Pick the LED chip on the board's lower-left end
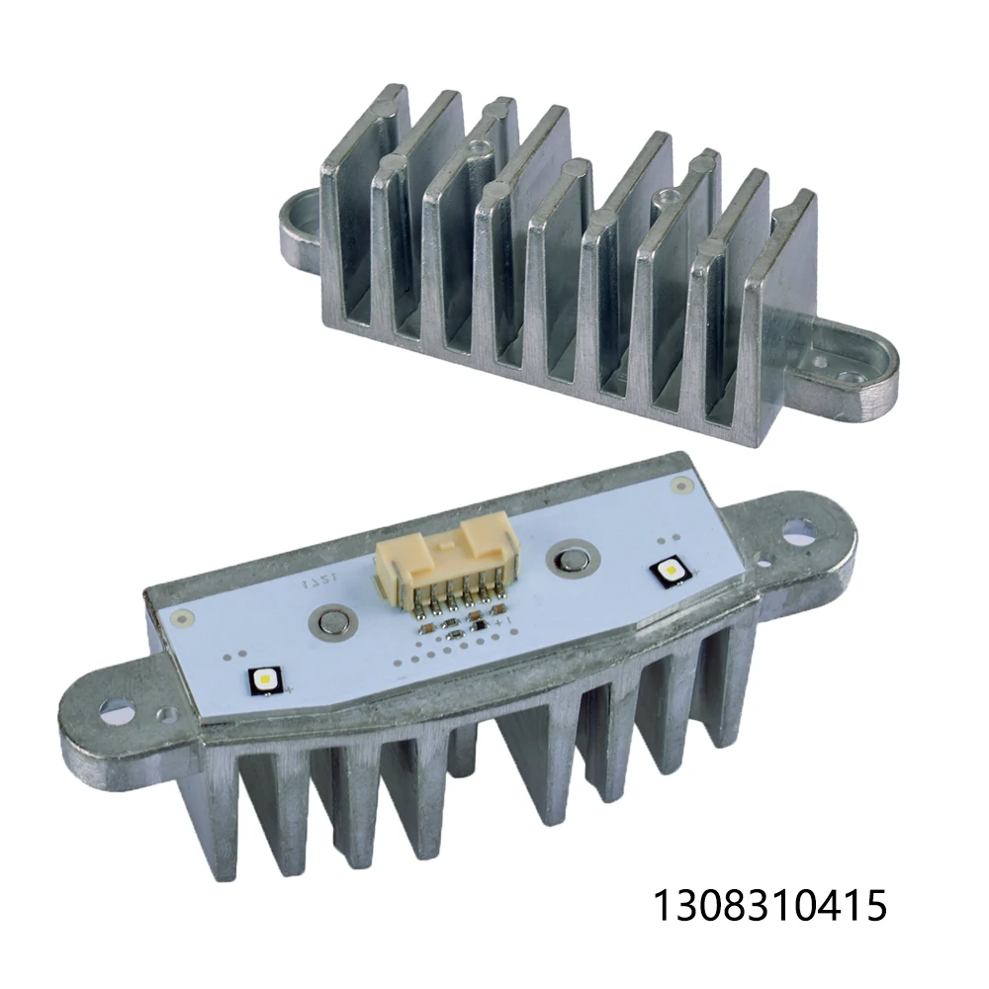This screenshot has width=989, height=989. click(x=265, y=679)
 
